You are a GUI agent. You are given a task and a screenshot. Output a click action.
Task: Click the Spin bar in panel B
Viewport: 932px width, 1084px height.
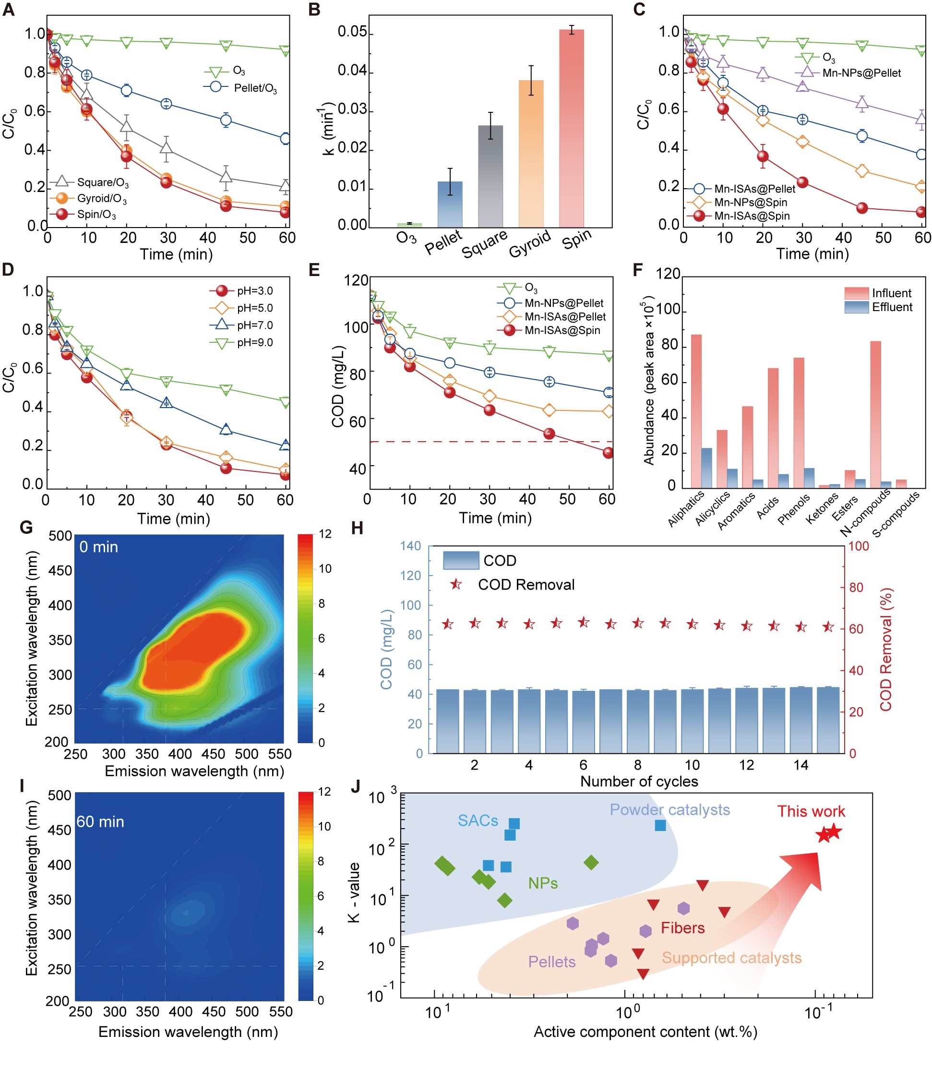[x=571, y=128]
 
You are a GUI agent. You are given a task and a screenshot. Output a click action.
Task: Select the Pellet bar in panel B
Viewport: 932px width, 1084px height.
[x=450, y=205]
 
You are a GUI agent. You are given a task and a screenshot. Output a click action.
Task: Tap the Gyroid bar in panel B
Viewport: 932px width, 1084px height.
[x=531, y=154]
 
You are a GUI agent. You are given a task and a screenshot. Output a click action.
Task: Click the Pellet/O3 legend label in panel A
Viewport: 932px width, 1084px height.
[x=255, y=88]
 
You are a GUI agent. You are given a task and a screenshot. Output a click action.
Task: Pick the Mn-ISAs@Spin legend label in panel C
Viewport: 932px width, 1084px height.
[x=752, y=216]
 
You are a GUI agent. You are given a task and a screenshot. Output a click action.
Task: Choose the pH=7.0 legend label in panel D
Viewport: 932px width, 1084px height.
[x=255, y=325]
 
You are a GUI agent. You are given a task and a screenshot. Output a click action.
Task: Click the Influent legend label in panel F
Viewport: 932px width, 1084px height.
[x=891, y=293]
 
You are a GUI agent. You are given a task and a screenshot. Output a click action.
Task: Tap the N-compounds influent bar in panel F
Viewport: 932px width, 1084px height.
[x=875, y=414]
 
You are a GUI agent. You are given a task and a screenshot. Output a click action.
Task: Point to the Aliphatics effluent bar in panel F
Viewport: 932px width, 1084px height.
[x=706, y=468]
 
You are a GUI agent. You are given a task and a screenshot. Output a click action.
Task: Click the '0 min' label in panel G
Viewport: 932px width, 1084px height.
[x=99, y=547]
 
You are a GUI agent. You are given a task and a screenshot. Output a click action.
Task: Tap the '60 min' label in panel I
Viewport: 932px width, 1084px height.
[x=100, y=821]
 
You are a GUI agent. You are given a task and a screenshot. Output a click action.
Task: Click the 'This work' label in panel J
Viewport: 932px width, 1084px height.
[x=811, y=811]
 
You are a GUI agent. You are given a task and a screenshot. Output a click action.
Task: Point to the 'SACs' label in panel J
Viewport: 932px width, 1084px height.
[x=478, y=820]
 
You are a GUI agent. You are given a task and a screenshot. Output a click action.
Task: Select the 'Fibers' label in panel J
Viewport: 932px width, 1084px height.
[x=682, y=927]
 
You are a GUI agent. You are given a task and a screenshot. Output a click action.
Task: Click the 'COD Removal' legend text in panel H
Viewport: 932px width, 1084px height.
[x=526, y=584]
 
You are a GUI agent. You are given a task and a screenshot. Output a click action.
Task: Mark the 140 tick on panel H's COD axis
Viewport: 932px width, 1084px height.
[x=410, y=546]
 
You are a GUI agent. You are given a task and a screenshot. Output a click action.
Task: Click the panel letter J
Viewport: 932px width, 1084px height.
[x=356, y=786]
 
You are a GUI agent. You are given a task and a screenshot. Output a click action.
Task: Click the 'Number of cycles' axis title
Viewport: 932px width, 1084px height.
[x=639, y=781]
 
